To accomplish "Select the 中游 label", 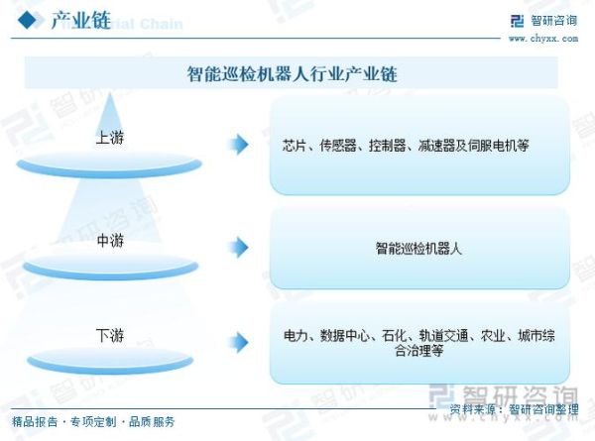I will [x=110, y=240].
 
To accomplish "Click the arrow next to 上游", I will [x=238, y=145].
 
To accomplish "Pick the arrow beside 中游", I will [x=238, y=247].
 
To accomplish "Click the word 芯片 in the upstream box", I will [x=295, y=146].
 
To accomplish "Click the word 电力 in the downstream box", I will [x=296, y=335].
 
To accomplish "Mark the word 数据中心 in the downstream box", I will [x=343, y=335].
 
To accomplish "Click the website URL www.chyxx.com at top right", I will [x=543, y=38].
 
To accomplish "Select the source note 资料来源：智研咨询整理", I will [x=514, y=408].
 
